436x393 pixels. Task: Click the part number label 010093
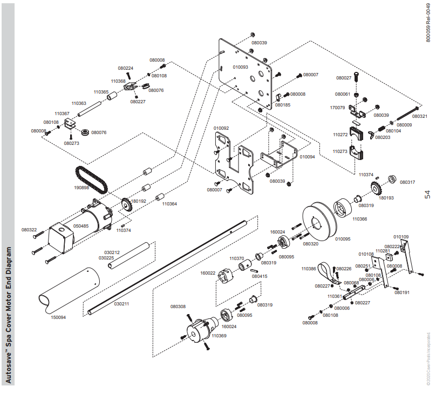[x=240, y=67]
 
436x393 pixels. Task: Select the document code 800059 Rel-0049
[x=428, y=22]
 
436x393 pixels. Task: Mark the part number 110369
[x=219, y=336]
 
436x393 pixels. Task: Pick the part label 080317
[x=407, y=182]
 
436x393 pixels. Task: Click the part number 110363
[x=79, y=103]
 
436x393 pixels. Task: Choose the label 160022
[x=208, y=273]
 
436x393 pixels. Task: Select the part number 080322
[x=29, y=230]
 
